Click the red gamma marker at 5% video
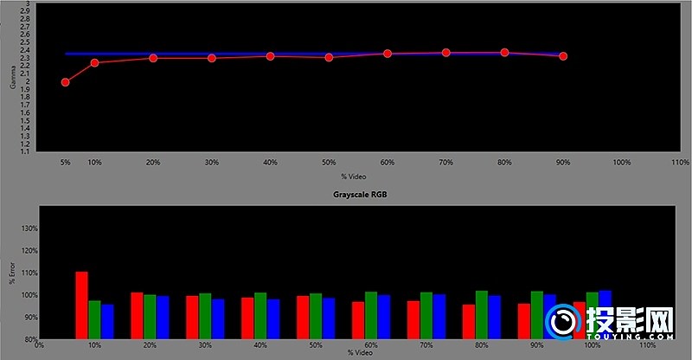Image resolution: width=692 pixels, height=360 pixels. point(65,82)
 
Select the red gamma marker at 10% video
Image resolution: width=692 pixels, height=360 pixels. point(94,62)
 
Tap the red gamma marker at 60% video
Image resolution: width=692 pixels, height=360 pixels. point(387,54)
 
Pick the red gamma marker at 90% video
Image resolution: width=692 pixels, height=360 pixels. point(563,56)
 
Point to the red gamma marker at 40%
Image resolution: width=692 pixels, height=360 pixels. point(270,56)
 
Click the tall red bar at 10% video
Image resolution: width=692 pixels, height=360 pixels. point(81,305)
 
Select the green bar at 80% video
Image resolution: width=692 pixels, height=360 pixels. point(482,314)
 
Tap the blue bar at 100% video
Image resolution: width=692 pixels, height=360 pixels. point(605,314)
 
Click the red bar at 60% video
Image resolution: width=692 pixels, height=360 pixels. point(357,319)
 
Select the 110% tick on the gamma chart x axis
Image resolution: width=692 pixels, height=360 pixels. point(679,162)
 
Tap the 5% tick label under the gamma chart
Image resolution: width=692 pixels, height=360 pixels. point(65,162)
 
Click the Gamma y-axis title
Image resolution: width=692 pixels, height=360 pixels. point(11,78)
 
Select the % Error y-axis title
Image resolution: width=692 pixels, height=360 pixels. point(11,273)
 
